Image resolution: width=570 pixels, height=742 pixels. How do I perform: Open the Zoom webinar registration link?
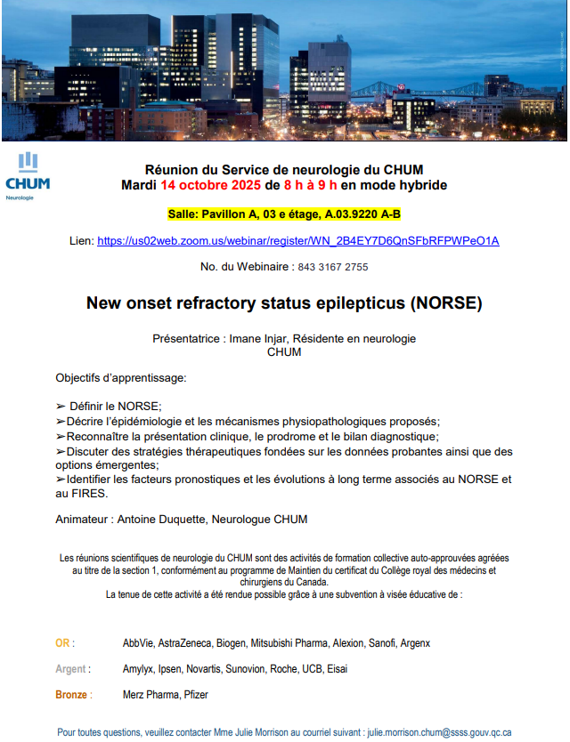297,241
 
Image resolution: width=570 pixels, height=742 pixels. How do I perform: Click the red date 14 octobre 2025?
212,186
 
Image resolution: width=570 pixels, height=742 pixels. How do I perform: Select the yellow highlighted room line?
284,214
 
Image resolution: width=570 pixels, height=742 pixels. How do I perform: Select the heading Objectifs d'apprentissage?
121,377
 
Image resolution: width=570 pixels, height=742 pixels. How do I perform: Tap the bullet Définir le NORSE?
114,406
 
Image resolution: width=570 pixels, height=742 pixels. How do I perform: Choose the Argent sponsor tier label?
72,669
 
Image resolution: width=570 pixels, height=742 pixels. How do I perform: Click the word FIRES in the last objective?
87,494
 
